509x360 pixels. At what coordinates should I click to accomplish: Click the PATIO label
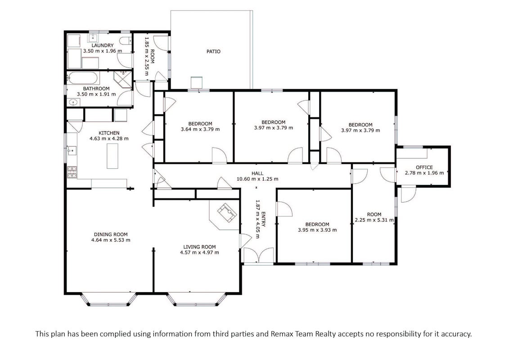pos(213,51)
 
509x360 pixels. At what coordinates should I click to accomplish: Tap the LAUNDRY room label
pos(103,45)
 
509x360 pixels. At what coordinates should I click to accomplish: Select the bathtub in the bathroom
pos(82,78)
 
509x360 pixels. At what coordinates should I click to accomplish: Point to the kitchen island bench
pos(113,156)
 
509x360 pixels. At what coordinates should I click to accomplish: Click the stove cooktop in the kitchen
pos(72,172)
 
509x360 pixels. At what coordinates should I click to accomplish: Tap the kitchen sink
pos(72,151)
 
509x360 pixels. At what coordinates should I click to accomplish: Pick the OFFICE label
pos(424,167)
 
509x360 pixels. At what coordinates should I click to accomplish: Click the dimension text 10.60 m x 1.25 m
pos(257,179)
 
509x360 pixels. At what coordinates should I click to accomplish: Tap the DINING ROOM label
pos(111,234)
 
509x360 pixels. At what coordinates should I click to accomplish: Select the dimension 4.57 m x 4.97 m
pos(199,252)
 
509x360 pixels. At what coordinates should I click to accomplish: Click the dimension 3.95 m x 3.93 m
pos(317,230)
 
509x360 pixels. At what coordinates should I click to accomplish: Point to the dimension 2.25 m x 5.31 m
pos(374,220)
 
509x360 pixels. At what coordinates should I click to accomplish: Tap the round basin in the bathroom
pos(74,103)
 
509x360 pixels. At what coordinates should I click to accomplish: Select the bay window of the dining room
pos(109,300)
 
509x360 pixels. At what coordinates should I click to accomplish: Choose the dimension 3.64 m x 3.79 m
pos(200,129)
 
